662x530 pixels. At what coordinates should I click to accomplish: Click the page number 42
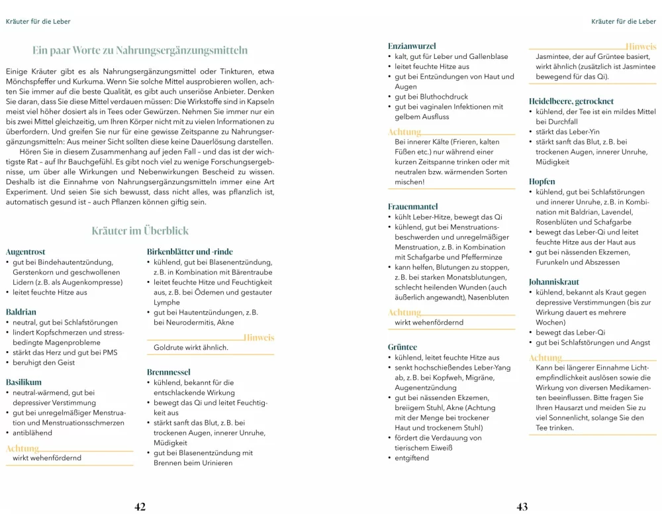tap(140, 507)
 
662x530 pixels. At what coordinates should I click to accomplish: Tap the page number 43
tap(522, 507)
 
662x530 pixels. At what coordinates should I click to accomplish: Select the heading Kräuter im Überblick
tap(140, 231)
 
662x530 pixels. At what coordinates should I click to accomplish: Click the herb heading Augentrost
tap(25, 252)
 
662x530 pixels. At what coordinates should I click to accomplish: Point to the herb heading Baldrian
tap(21, 311)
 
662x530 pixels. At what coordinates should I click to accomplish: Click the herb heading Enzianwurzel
tap(412, 46)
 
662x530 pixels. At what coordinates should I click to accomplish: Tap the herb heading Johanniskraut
tap(554, 282)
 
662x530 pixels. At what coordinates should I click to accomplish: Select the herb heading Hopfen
tap(542, 182)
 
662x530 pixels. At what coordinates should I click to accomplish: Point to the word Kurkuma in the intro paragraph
tap(69, 80)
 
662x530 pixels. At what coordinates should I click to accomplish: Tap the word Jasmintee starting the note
tap(553, 56)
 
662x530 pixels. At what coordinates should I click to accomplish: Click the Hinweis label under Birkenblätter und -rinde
tap(258, 338)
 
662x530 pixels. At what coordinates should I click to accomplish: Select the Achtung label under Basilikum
tap(23, 449)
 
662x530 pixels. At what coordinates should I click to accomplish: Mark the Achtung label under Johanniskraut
tap(545, 358)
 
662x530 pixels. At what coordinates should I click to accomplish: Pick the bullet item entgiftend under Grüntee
tap(412, 458)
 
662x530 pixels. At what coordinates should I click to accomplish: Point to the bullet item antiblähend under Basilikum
tap(32, 433)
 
